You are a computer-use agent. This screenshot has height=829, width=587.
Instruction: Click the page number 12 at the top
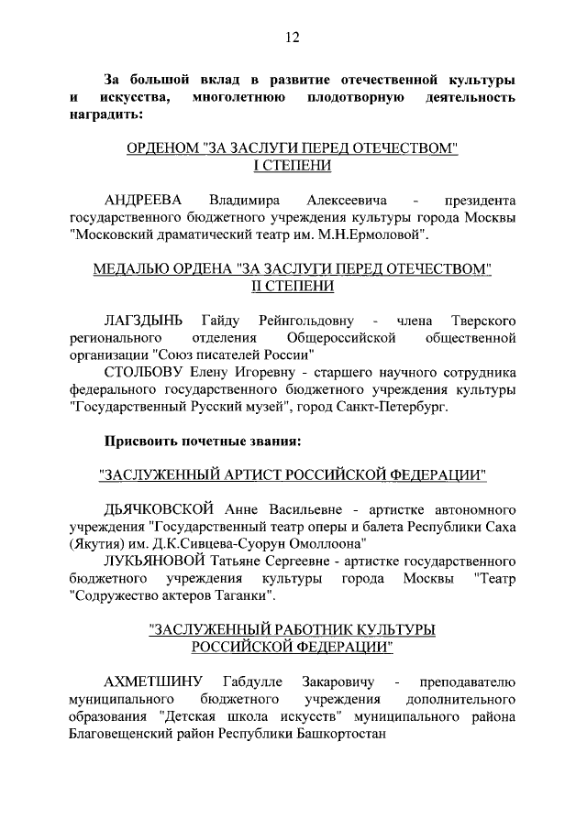[293, 38]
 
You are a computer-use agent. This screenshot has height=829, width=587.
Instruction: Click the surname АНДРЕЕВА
[145, 200]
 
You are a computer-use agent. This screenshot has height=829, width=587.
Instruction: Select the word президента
[480, 200]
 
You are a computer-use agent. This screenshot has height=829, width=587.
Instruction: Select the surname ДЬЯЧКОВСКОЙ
[160, 507]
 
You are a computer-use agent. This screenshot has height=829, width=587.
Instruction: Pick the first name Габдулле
[253, 682]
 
